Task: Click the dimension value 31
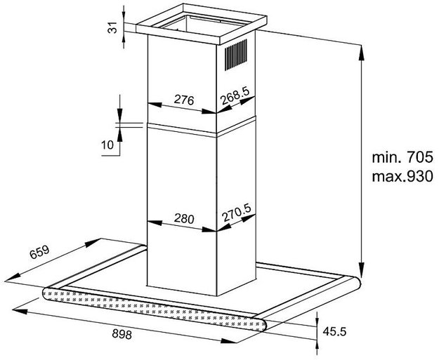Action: (112, 27)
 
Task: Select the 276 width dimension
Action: (184, 100)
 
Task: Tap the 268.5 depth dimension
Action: (235, 95)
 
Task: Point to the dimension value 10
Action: (107, 145)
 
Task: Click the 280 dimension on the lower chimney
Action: (184, 218)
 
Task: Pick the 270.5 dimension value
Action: (237, 213)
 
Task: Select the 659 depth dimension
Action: (39, 252)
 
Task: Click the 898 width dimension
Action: (122, 334)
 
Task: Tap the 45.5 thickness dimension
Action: (334, 332)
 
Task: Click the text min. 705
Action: (402, 157)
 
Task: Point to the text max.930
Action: (402, 177)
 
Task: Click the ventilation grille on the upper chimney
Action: (236, 55)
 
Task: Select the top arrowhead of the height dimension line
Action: (362, 53)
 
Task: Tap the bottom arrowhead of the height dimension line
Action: (362, 270)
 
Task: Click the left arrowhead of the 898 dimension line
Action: (20, 312)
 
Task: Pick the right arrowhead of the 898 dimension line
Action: (229, 340)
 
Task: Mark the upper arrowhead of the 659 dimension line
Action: (93, 243)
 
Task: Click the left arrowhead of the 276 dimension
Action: (155, 105)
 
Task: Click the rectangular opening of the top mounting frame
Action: (201, 23)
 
